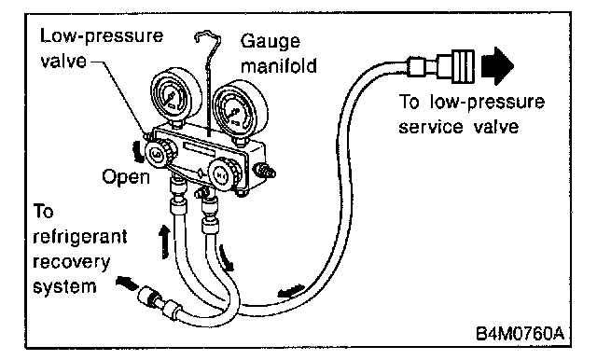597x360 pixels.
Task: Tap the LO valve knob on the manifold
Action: (x=158, y=153)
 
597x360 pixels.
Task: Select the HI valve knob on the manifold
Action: (x=221, y=174)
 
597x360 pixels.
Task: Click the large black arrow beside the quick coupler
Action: (x=497, y=66)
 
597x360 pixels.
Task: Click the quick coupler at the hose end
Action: (x=441, y=65)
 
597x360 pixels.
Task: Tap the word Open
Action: (x=126, y=177)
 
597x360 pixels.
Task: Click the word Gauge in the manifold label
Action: (x=270, y=41)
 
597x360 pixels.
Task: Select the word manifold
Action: (x=279, y=65)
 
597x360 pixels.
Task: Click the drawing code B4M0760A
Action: (x=520, y=333)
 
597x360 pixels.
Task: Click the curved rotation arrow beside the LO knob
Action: (x=139, y=151)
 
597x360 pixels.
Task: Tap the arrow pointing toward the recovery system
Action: (x=128, y=284)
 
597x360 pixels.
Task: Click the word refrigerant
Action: (x=80, y=237)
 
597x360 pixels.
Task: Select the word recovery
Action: (x=71, y=263)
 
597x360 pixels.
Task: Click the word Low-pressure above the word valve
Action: (x=102, y=36)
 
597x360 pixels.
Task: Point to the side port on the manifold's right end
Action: (x=264, y=170)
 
